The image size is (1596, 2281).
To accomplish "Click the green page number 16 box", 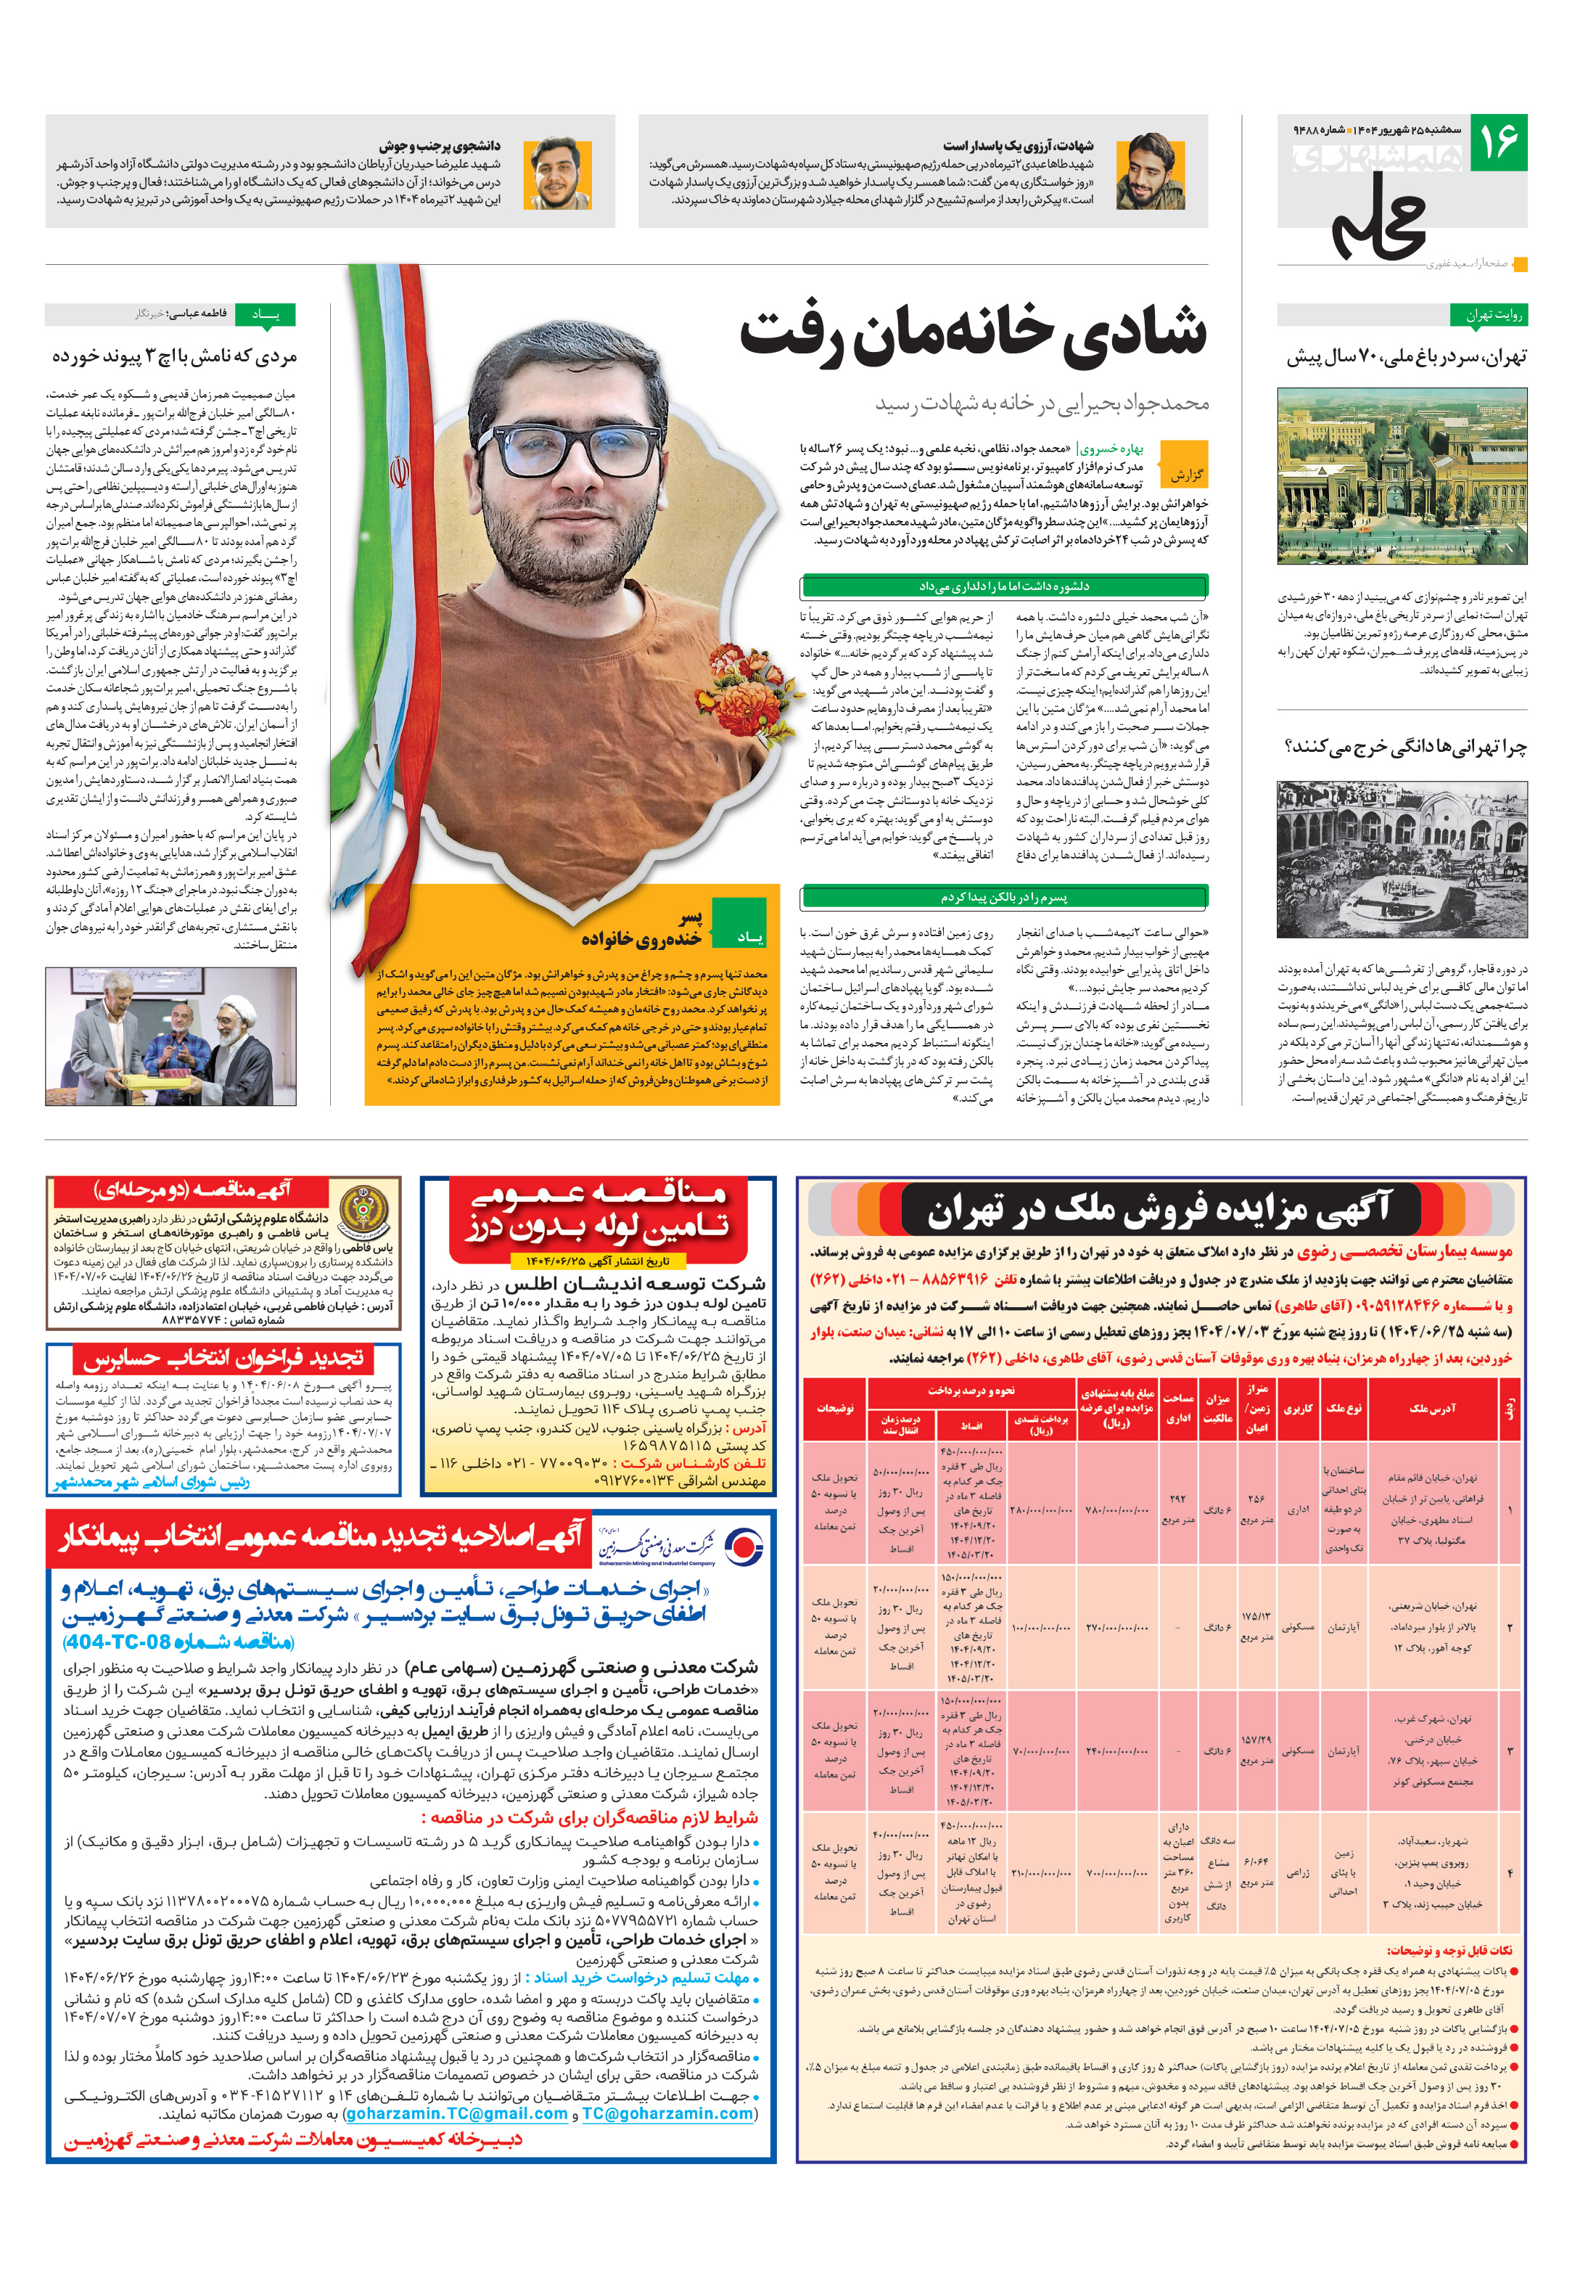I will coord(1497,142).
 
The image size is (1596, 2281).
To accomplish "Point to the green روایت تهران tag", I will coord(1494,316).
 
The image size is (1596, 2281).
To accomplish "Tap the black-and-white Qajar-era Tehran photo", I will coord(1402,859).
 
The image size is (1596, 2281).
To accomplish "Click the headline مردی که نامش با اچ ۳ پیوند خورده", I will coord(175,356).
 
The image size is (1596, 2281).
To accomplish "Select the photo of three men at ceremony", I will coord(170,1036).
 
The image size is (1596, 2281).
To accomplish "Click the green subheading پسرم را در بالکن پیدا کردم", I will coord(1003,897).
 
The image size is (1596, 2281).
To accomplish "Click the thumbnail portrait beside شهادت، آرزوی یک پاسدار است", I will coord(1150,172).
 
